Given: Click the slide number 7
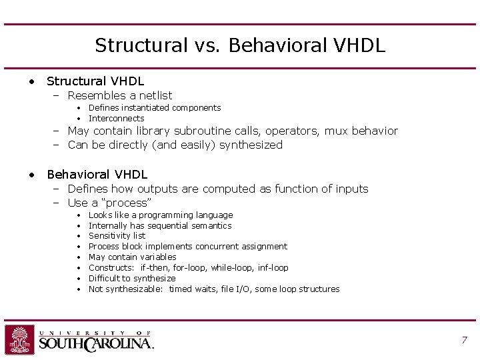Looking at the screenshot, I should click(464, 340).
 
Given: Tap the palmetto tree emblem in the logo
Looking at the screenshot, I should click(19, 339).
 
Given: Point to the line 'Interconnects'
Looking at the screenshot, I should click(116, 118).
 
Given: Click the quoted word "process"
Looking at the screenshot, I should click(129, 203).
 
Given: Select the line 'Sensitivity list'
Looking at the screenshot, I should click(117, 236).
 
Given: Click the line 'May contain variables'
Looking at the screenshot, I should click(132, 257).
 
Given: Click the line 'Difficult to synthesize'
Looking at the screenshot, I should click(132, 278).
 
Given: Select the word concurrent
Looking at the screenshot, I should click(219, 247).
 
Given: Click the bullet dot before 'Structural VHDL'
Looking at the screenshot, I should click(31, 81).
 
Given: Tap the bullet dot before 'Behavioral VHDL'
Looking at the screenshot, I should click(31, 175).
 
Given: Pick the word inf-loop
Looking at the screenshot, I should click(273, 267).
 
